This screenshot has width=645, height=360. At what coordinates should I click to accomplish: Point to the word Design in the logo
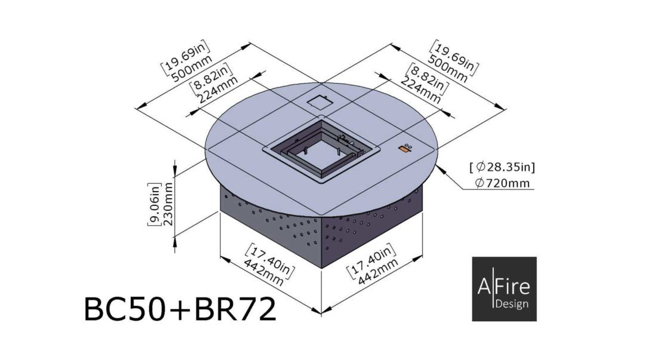tap(512, 304)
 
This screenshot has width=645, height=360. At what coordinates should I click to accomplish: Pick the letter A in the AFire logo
tap(484, 287)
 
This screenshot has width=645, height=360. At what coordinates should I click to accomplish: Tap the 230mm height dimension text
tap(168, 203)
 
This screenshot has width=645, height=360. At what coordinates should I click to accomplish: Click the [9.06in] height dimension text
tap(153, 203)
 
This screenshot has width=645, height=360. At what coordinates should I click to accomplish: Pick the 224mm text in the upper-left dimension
tap(217, 90)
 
